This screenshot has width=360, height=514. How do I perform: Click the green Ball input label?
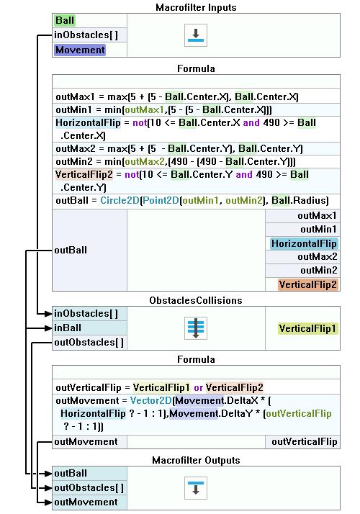(x=65, y=20)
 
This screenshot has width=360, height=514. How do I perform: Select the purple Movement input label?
(x=80, y=50)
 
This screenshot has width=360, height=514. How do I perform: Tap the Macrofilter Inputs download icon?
(x=196, y=35)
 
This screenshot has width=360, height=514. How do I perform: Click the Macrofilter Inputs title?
(x=196, y=7)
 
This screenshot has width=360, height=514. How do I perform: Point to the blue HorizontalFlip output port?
(x=304, y=243)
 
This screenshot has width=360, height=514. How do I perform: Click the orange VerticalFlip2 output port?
(x=307, y=284)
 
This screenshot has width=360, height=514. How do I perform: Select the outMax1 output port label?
(x=317, y=216)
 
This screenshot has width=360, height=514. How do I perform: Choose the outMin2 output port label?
(x=319, y=270)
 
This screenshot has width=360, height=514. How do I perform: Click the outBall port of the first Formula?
(x=71, y=250)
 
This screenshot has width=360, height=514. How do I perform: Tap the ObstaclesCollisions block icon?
(x=196, y=328)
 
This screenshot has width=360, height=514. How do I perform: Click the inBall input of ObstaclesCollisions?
(x=68, y=328)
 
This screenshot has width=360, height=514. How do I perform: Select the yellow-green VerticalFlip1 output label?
(x=307, y=328)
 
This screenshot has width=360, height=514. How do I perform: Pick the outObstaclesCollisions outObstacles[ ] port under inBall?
(x=89, y=342)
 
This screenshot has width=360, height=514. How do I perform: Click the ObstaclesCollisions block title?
(x=196, y=300)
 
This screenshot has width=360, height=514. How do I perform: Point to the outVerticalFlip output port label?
(x=305, y=441)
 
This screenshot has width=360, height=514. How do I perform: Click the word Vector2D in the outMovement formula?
(x=150, y=400)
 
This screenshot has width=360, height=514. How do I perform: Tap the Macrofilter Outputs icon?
(x=196, y=488)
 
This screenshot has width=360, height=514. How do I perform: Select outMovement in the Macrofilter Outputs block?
(x=86, y=502)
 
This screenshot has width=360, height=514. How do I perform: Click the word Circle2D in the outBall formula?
(x=120, y=200)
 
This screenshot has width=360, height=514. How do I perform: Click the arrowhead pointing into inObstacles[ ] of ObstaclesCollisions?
(x=48, y=314)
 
